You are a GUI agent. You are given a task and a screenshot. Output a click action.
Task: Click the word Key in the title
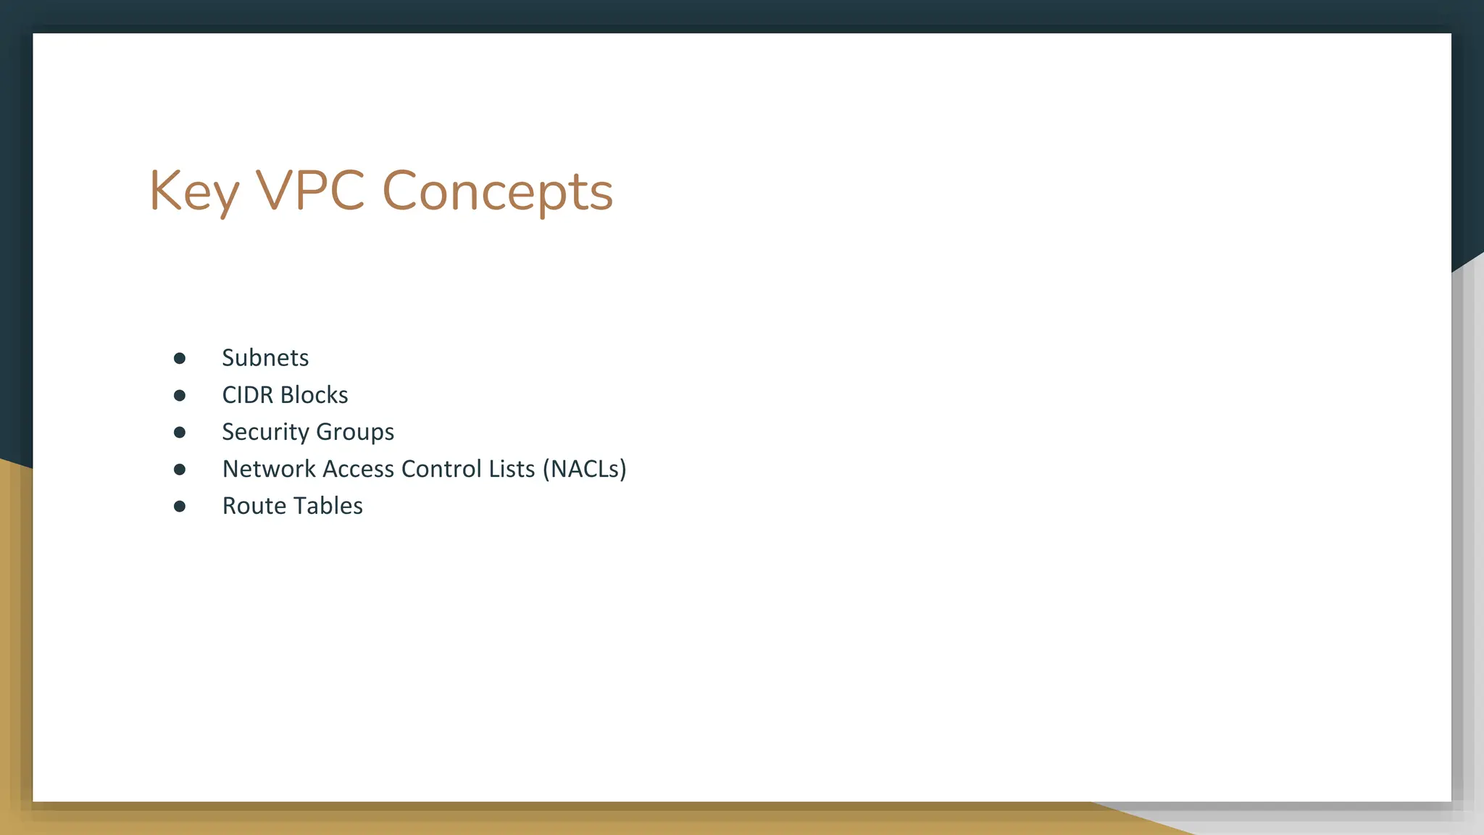[193, 191]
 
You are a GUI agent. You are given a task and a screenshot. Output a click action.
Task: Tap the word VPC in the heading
[310, 191]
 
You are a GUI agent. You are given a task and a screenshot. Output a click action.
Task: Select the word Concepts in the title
[497, 191]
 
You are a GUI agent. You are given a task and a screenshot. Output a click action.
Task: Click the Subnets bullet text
[265, 358]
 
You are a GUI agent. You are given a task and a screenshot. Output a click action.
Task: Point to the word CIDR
[248, 395]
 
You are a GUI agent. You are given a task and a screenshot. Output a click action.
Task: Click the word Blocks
[314, 395]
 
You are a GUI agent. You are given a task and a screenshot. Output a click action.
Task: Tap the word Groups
[355, 432]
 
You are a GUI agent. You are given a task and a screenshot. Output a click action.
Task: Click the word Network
[269, 469]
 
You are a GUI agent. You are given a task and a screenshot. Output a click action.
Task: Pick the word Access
[359, 469]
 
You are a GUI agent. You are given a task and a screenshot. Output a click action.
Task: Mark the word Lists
[512, 469]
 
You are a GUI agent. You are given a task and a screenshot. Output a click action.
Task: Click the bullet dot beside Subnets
[180, 358]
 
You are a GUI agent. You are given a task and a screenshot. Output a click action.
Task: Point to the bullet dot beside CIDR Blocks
[180, 395]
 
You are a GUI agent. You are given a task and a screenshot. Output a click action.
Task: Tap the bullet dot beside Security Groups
[180, 432]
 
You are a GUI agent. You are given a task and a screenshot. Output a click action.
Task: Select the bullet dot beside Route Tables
[180, 506]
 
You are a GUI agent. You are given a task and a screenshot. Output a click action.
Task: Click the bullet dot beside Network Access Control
[180, 469]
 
